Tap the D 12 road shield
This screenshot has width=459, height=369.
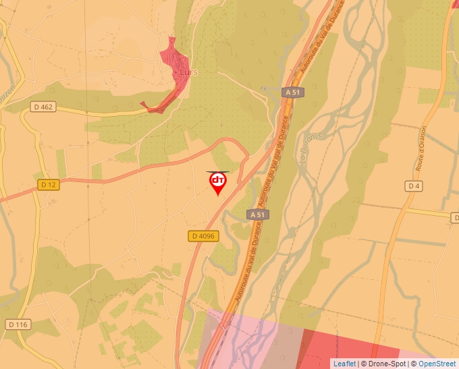tap(48, 184)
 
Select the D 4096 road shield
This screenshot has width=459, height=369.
tap(202, 235)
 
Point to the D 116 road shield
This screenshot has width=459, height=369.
tap(18, 324)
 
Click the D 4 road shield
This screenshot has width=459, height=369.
tap(414, 186)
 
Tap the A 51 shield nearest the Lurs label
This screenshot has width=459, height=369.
tap(292, 92)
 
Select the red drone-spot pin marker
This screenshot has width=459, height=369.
tap(218, 182)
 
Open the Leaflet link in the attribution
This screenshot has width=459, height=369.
tap(344, 364)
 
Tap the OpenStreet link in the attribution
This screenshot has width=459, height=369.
tap(437, 364)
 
